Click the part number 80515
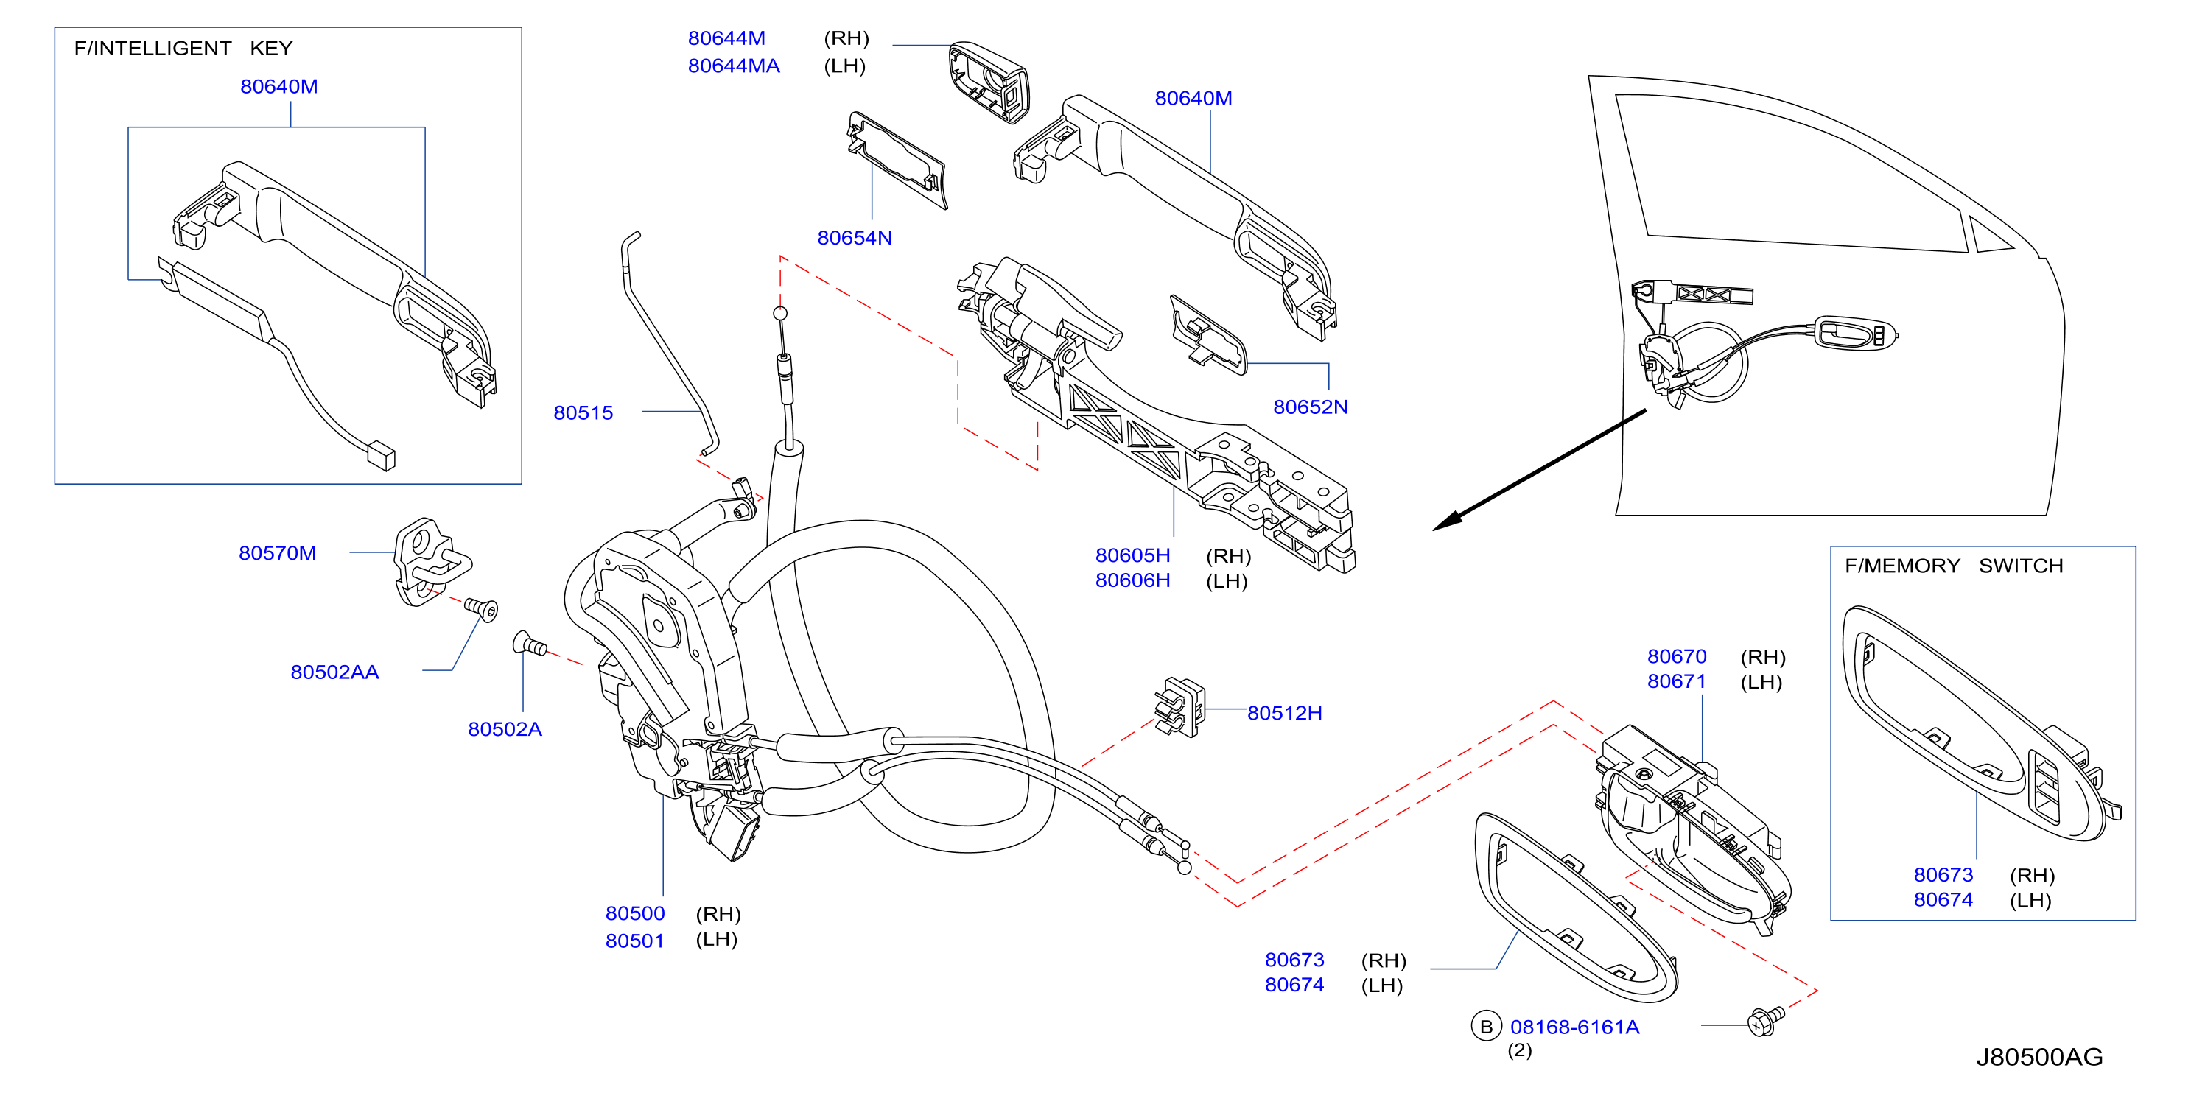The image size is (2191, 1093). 583,412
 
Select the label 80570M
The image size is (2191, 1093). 277,553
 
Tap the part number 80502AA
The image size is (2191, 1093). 334,672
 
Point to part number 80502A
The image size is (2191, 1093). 505,729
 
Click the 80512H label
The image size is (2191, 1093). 1284,713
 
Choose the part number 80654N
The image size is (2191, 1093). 854,237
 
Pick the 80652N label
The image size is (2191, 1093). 1310,407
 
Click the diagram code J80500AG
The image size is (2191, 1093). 2038,1056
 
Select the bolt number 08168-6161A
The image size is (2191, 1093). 1574,1027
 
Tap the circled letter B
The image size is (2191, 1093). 1486,1027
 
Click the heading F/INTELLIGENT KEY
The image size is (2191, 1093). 183,49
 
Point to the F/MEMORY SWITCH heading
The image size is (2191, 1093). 1954,566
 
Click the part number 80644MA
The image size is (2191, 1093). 733,66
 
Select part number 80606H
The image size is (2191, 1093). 1132,580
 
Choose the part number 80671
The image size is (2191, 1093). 1677,681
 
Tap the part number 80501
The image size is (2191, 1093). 634,941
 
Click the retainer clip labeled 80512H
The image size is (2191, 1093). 1179,707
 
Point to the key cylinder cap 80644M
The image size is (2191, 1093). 989,82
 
